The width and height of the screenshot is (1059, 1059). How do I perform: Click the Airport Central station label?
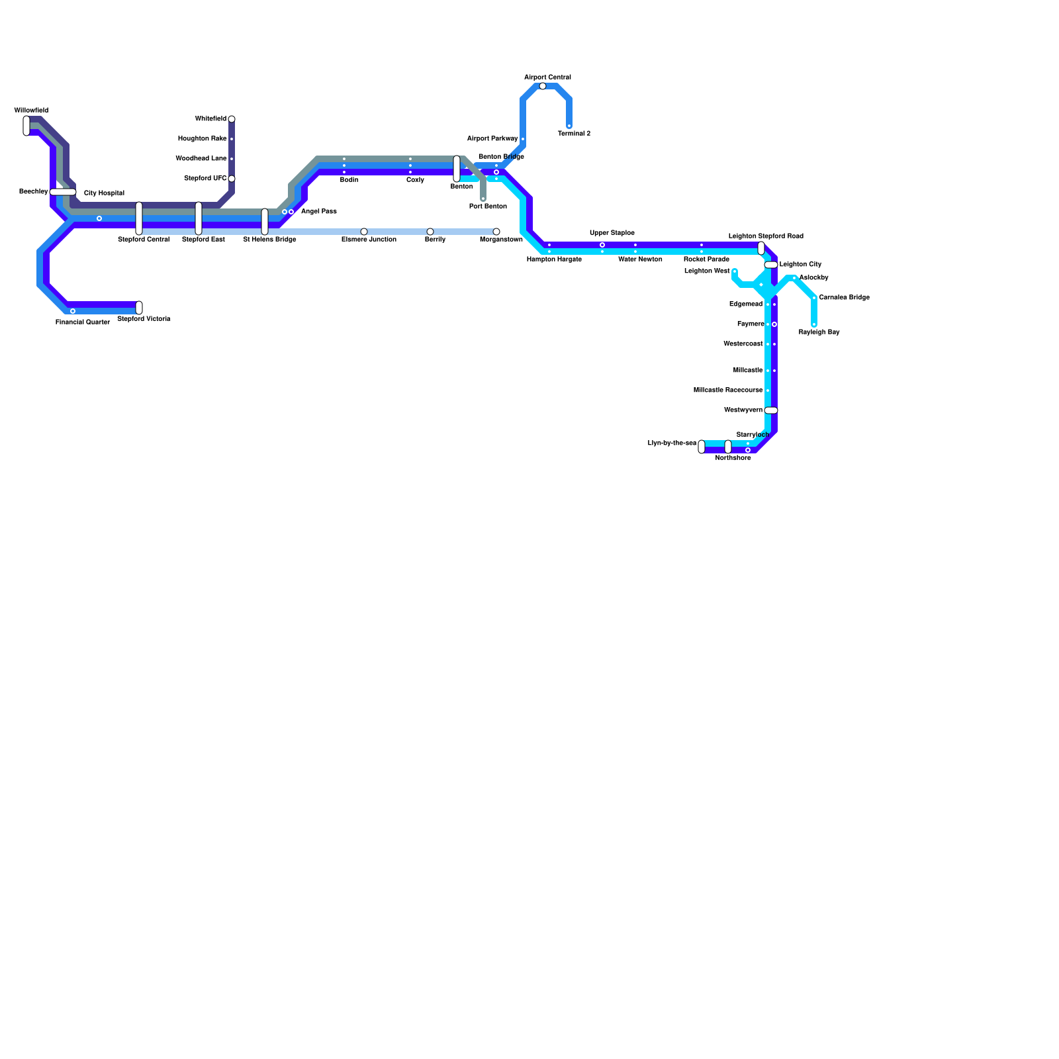547,77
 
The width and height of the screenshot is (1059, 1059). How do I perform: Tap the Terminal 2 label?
574,134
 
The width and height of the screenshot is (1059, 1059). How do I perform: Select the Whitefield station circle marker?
232,119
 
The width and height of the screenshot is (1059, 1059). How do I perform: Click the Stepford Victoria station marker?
139,308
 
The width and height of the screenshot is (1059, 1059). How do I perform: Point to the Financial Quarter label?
83,322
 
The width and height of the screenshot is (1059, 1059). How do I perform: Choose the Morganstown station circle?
496,232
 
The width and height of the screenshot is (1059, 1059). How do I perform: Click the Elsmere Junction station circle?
364,232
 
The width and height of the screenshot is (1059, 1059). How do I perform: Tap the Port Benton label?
488,207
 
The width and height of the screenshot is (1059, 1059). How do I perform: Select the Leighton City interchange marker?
771,265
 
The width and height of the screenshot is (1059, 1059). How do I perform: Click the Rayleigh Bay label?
819,332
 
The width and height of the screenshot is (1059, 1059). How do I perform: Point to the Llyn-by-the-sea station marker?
702,447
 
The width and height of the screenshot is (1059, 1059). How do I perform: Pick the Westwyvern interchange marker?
771,410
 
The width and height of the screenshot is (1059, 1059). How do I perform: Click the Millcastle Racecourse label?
728,391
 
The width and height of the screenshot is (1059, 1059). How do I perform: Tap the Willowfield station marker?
26,126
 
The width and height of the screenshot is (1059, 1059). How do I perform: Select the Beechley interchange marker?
63,192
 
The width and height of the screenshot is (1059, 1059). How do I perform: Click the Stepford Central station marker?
139,218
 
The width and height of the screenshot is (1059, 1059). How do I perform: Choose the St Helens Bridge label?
269,240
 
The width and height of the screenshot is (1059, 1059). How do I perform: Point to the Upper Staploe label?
612,233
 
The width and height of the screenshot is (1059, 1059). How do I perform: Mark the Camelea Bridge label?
844,298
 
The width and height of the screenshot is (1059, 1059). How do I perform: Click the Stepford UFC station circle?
232,179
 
